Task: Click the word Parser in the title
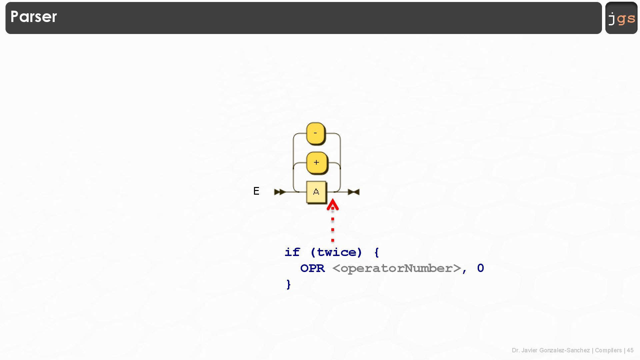[x=34, y=17]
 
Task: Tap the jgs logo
[x=621, y=18]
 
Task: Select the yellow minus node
[x=315, y=133]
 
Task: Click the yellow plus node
[x=316, y=163]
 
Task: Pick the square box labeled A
[x=316, y=192]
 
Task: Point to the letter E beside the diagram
[x=256, y=191]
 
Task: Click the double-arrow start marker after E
[x=280, y=192]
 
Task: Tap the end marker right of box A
[x=354, y=192]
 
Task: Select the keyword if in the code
[x=292, y=252]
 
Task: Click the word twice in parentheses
[x=336, y=252]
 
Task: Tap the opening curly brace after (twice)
[x=377, y=252]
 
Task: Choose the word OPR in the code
[x=312, y=268]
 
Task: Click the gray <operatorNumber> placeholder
[x=397, y=268]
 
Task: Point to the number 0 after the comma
[x=480, y=268]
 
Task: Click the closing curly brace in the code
[x=289, y=284]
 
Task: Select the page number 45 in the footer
[x=630, y=350]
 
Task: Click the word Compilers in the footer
[x=608, y=350]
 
